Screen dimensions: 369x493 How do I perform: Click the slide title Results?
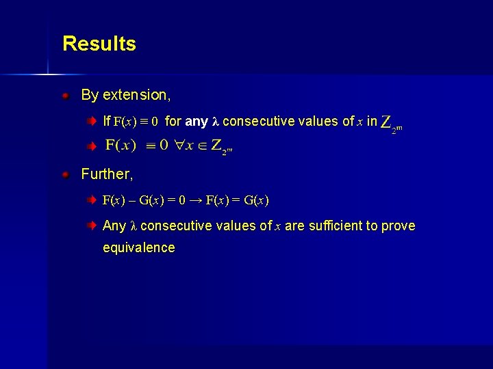pos(99,44)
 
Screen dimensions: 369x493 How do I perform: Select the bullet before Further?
pos(65,175)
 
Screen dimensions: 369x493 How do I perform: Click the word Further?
pos(107,174)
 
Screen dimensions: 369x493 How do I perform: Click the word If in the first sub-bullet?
pos(106,122)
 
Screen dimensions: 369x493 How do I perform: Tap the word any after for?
pos(197,122)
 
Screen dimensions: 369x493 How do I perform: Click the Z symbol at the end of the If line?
pos(387,123)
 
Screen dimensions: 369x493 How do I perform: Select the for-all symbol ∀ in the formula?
pos(180,146)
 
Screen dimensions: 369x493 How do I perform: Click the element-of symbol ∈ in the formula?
pos(201,146)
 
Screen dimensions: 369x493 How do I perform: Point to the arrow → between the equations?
pos(196,200)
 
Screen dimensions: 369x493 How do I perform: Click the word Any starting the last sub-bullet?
pos(114,225)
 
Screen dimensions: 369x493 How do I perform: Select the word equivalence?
pos(138,247)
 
